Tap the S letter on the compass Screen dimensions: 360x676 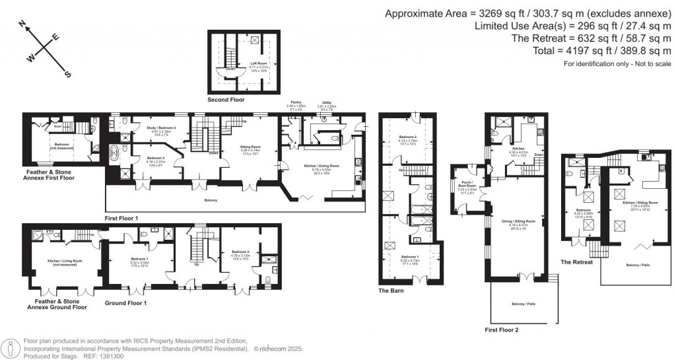(x=67, y=74)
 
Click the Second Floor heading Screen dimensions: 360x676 (x=226, y=100)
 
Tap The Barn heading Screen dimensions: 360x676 (x=391, y=290)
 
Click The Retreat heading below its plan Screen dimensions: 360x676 (x=576, y=262)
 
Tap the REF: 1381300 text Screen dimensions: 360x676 (x=98, y=356)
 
